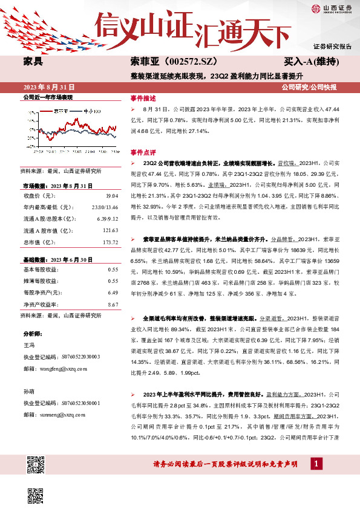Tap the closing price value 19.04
tap(111, 196)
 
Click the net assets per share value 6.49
tap(112, 293)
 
